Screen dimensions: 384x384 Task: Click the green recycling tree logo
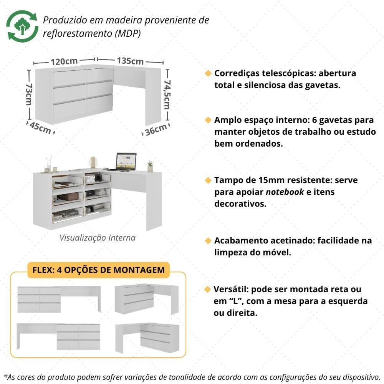tap(22, 26)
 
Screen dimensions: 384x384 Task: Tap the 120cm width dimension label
tap(64, 61)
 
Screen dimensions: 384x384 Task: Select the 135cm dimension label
tap(130, 61)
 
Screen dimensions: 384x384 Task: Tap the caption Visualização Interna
tap(97, 238)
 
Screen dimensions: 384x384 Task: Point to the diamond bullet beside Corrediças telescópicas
tap(208, 73)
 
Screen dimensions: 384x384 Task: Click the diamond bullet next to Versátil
tap(208, 289)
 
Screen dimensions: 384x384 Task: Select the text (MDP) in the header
tap(128, 33)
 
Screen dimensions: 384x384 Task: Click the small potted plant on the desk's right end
tap(150, 166)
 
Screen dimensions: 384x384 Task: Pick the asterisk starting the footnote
tap(5, 375)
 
